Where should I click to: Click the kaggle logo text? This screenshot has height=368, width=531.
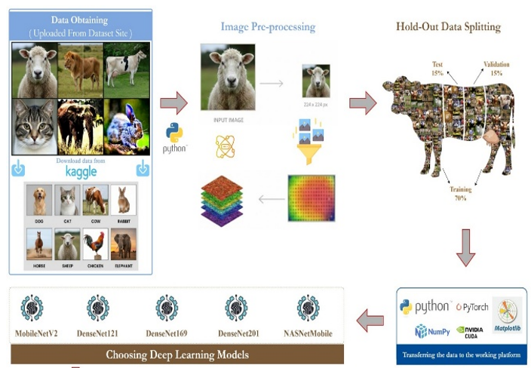(x=75, y=170)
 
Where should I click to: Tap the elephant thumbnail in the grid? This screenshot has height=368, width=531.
(x=123, y=247)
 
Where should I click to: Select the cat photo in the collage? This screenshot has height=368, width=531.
(x=35, y=124)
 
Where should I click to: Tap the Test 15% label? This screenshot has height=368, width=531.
(x=438, y=68)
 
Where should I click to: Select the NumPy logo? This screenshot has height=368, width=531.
(x=432, y=330)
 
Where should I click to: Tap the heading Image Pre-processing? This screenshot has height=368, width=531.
(x=268, y=27)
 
